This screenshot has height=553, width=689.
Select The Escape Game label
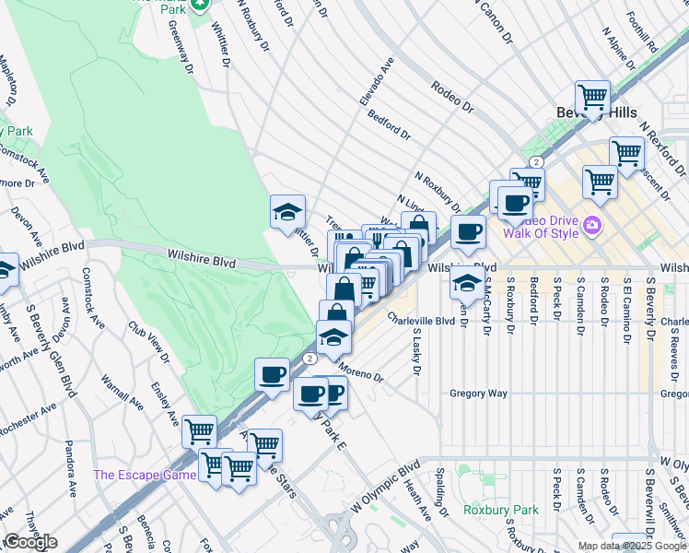tap(145, 475)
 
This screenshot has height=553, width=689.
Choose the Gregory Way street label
tap(479, 394)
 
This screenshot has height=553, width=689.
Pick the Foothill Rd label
tap(642, 33)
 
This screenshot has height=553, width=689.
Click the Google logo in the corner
tap(30, 542)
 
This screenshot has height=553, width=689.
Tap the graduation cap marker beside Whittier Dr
tap(287, 212)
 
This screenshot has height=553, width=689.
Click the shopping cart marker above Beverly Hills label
tap(592, 97)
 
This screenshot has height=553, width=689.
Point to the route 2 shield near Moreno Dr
tap(311, 358)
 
